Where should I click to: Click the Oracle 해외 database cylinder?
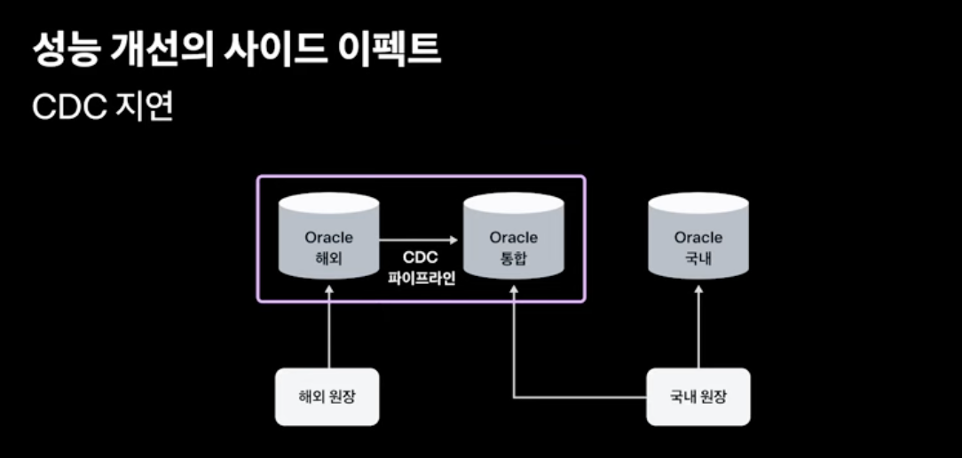(x=328, y=238)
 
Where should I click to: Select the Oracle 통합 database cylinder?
(x=514, y=238)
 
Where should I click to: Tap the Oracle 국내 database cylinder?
(x=698, y=238)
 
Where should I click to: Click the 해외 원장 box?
(x=327, y=396)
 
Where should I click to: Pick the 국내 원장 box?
(x=698, y=396)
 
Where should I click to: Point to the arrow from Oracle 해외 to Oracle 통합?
(x=417, y=239)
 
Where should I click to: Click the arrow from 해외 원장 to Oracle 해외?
(x=328, y=328)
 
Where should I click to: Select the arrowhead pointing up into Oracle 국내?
(x=698, y=289)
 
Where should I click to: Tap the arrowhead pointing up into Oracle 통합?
(x=514, y=289)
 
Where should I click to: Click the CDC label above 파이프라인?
(x=422, y=257)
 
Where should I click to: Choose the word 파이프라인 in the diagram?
(x=422, y=278)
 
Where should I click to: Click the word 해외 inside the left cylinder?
(x=328, y=260)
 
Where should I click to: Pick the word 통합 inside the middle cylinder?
(x=514, y=260)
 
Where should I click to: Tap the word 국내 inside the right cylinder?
(x=698, y=260)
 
